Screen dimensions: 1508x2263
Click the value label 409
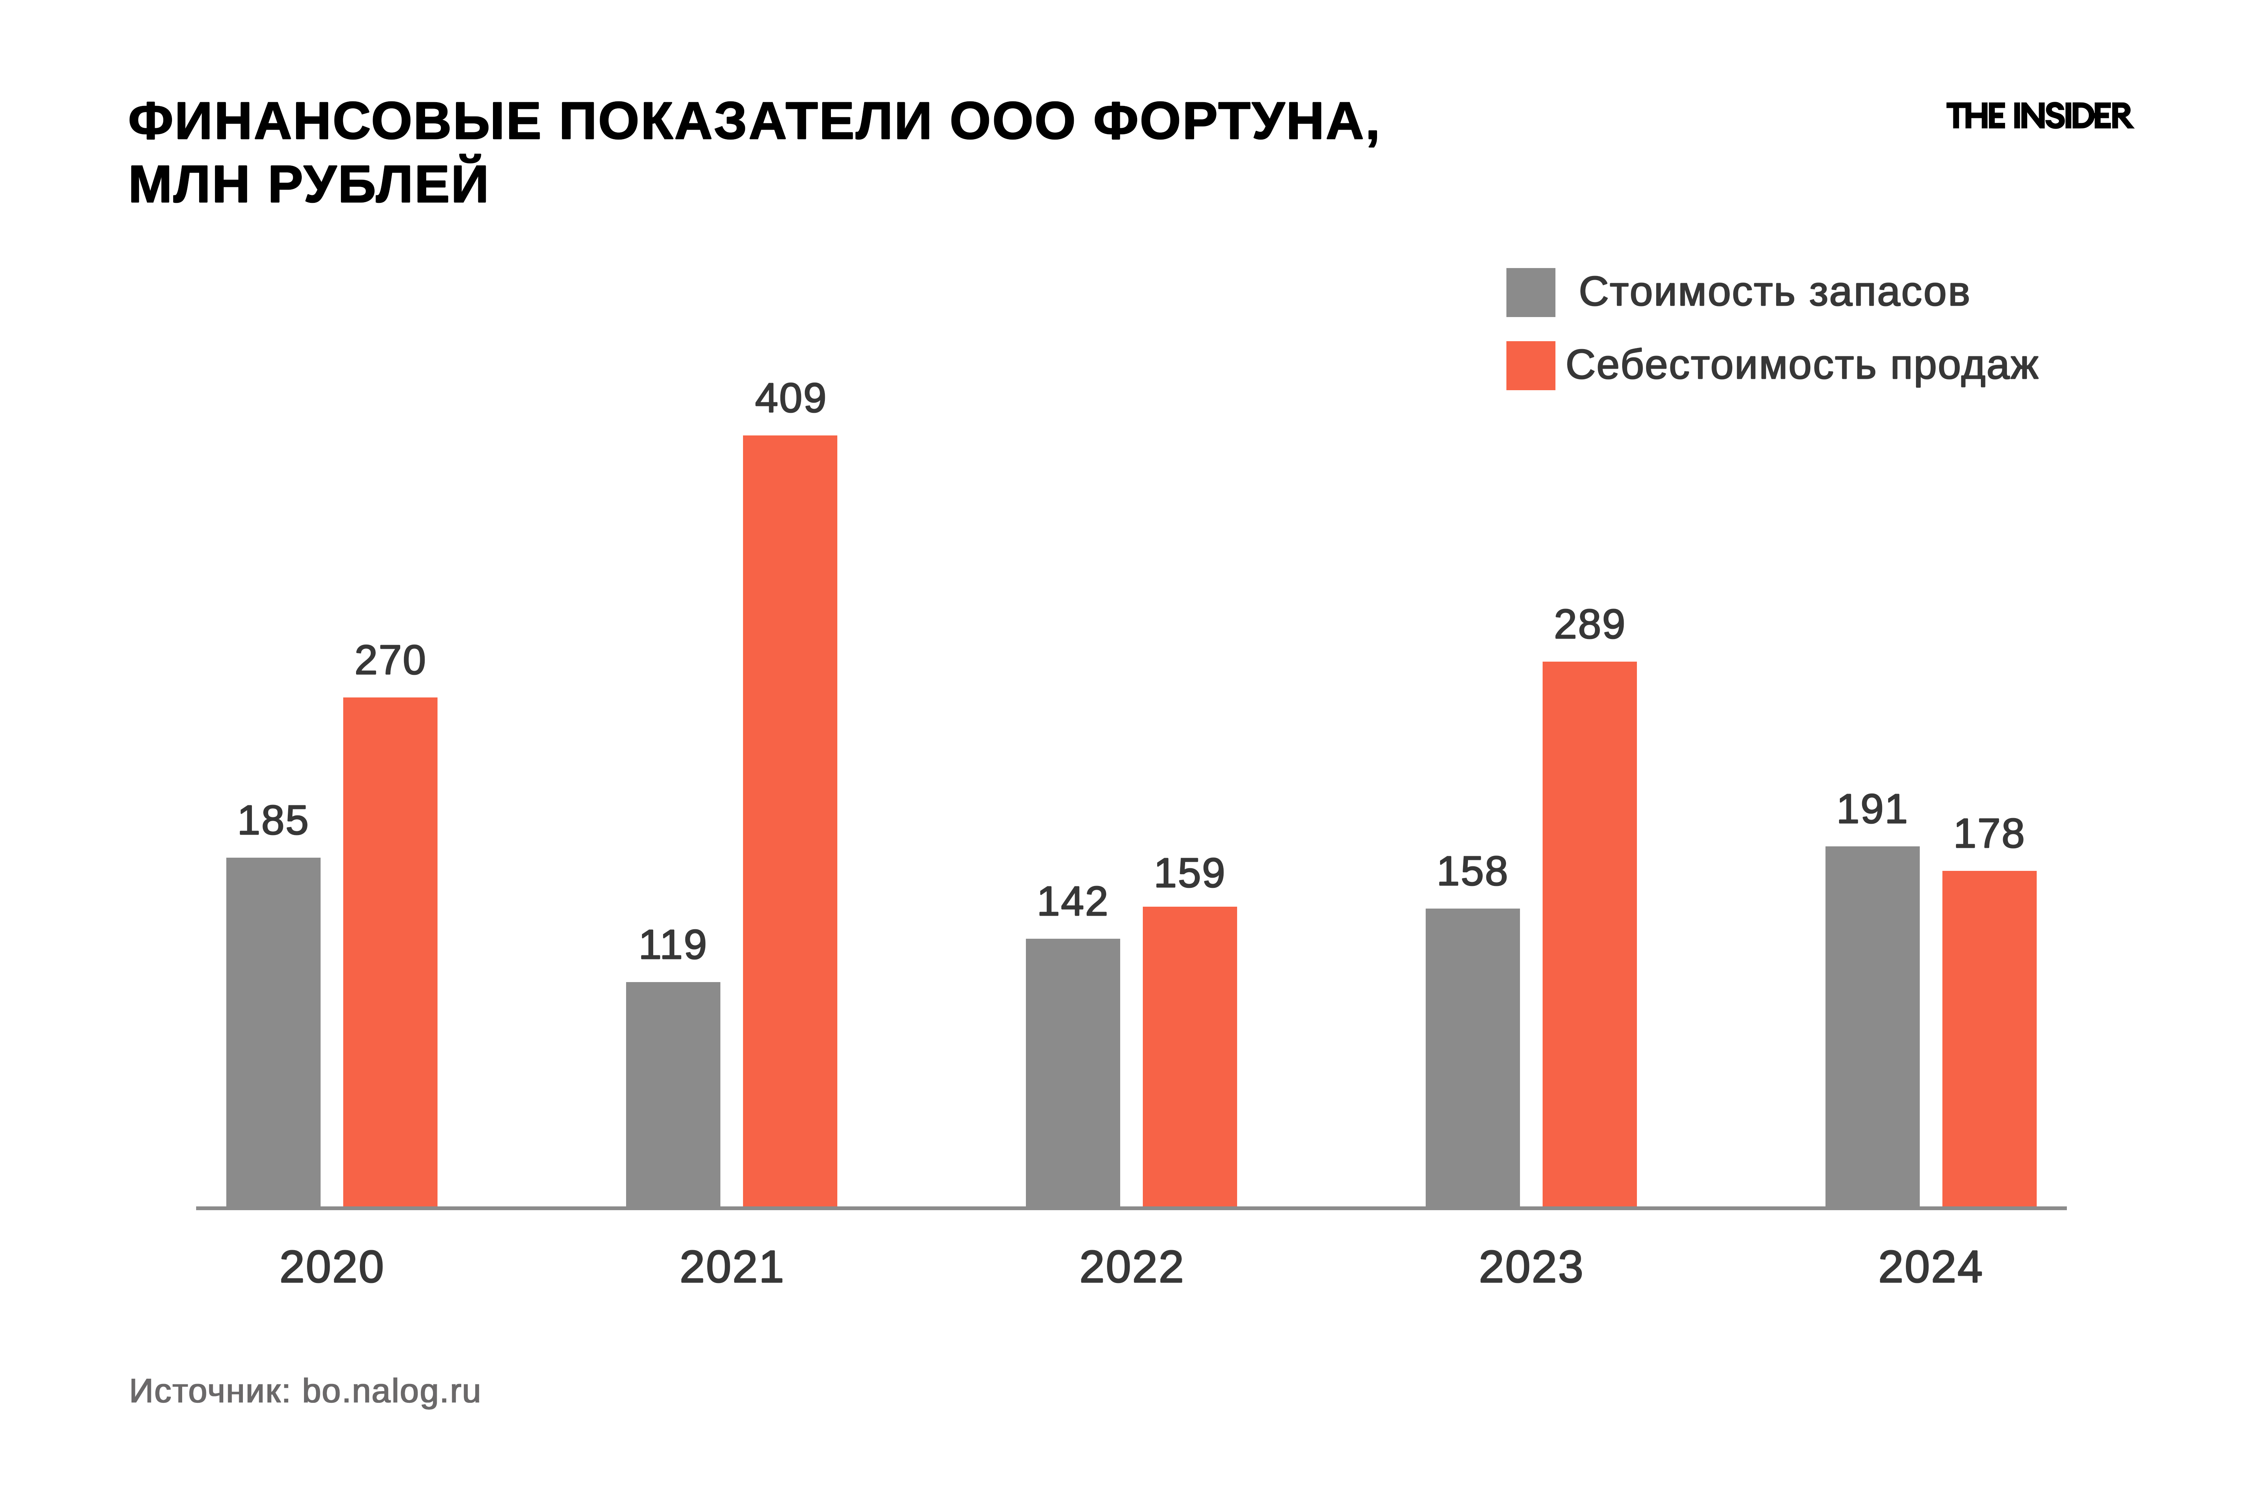pos(790,398)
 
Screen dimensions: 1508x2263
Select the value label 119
pos(672,946)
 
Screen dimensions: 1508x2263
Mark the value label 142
pos(1072,902)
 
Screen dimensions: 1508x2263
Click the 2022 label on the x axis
pos(1130,1267)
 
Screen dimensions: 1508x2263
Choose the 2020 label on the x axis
pos(331,1267)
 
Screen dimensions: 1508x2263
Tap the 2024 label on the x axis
pos(1930,1267)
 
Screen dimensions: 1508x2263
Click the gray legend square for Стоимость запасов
pos(1530,293)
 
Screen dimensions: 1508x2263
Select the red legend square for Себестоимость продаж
pos(1530,365)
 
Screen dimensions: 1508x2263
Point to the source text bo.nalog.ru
pos(391,1392)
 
